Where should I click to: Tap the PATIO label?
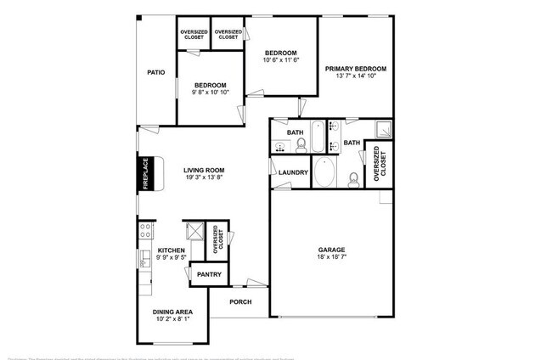[x=155, y=73]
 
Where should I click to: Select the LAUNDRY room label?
[x=293, y=173]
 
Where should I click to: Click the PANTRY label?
[x=209, y=274]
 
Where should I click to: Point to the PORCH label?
[x=242, y=301]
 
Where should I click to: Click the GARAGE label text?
[x=332, y=250]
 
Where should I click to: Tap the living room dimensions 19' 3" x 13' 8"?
[x=204, y=177]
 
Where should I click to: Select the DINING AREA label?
[x=169, y=312]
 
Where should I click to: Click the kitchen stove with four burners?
[x=144, y=228]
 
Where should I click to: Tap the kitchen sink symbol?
[x=142, y=256]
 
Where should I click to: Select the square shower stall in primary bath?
[x=385, y=129]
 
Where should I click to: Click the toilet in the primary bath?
[x=354, y=179]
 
